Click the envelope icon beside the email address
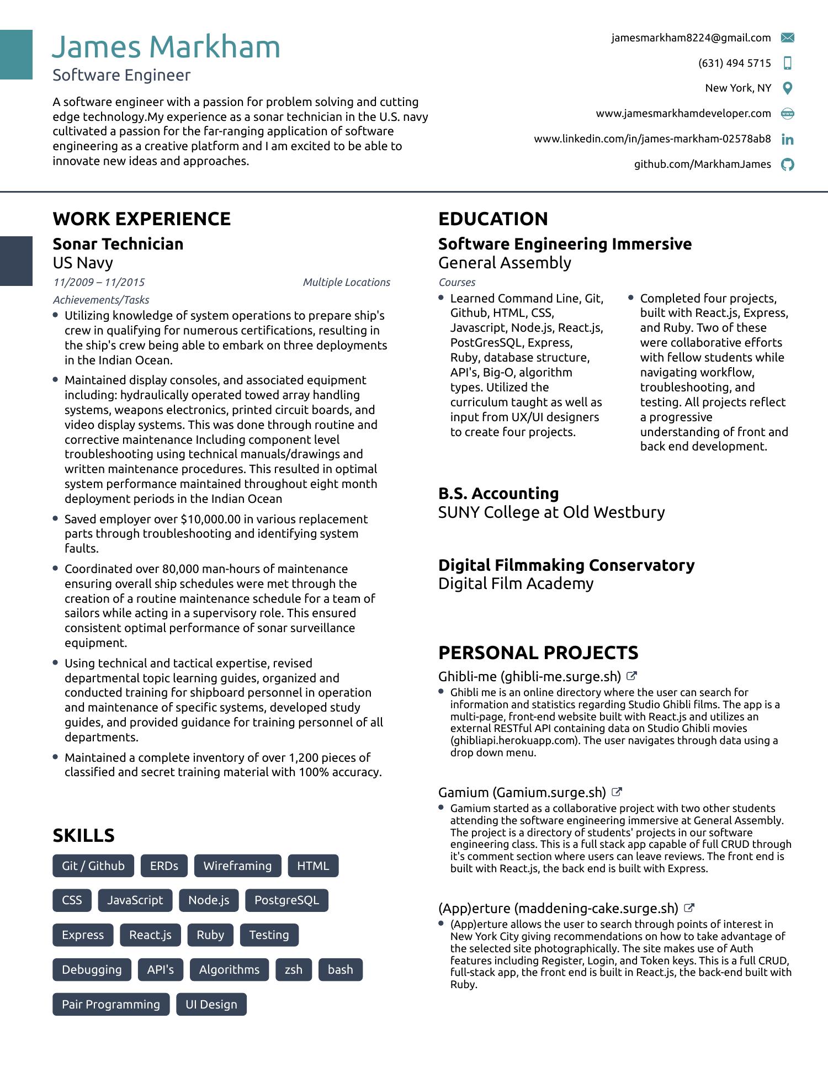click(x=788, y=38)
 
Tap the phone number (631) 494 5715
click(x=734, y=63)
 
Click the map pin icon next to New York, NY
click(x=788, y=88)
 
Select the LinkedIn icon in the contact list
click(x=788, y=139)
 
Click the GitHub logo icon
click(x=788, y=164)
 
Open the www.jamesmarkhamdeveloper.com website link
click(x=683, y=113)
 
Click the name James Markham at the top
click(x=166, y=47)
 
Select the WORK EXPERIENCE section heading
click(x=142, y=219)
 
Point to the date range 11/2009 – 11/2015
click(x=99, y=282)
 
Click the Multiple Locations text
click(x=346, y=282)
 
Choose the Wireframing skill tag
click(x=237, y=866)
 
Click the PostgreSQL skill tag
click(x=286, y=900)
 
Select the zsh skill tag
click(x=293, y=969)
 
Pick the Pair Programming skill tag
click(x=111, y=1004)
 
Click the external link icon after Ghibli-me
click(x=631, y=676)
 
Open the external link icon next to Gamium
click(x=617, y=792)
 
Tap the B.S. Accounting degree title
click(x=498, y=493)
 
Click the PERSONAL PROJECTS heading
click(x=538, y=652)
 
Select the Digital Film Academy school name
click(x=516, y=583)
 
